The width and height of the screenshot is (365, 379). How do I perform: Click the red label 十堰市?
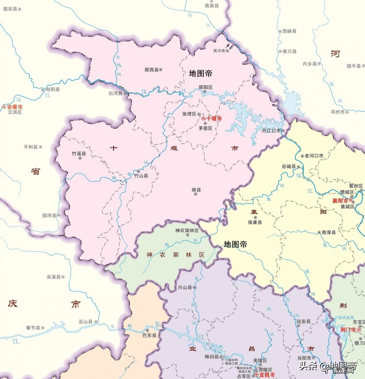[x=214, y=118]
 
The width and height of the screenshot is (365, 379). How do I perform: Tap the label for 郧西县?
[x=151, y=70]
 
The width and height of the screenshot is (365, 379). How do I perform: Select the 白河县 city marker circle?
[x=125, y=93]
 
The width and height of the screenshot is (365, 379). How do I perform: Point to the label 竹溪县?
[x=79, y=153]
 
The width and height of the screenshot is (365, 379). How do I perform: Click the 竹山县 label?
[x=141, y=176]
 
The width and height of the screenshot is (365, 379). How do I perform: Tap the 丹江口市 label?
[x=271, y=130]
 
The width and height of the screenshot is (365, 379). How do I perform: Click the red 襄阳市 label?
[x=340, y=200]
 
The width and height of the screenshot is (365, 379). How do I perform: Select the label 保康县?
[x=255, y=222]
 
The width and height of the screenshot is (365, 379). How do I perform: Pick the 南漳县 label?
[x=329, y=232]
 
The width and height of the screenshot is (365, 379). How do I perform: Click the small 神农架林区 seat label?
[x=187, y=230]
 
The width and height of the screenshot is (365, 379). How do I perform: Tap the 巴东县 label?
[x=149, y=335]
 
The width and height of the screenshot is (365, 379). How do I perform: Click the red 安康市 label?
[x=15, y=107]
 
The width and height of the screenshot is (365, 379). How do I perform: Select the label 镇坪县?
[x=49, y=215]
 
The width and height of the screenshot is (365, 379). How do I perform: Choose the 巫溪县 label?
[x=53, y=277]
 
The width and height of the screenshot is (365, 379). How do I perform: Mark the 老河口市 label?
[x=314, y=156]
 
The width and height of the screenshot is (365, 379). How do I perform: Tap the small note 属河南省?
[x=221, y=51]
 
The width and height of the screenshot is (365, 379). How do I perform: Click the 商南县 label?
[x=212, y=6]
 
